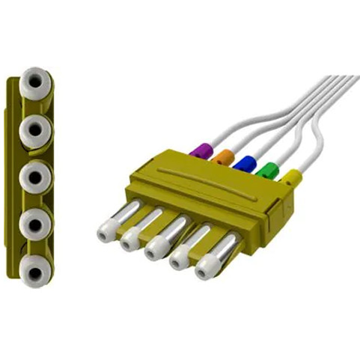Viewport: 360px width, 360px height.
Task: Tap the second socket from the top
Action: [34, 129]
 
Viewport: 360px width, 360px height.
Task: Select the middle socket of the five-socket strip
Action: [34, 177]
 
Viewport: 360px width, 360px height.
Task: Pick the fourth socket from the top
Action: [34, 223]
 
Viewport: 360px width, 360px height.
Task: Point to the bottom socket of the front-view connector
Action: [34, 269]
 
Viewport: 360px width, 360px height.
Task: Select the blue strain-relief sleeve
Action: [244, 164]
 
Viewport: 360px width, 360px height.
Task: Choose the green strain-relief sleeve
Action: [266, 171]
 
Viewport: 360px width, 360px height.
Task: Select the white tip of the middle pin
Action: [156, 248]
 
